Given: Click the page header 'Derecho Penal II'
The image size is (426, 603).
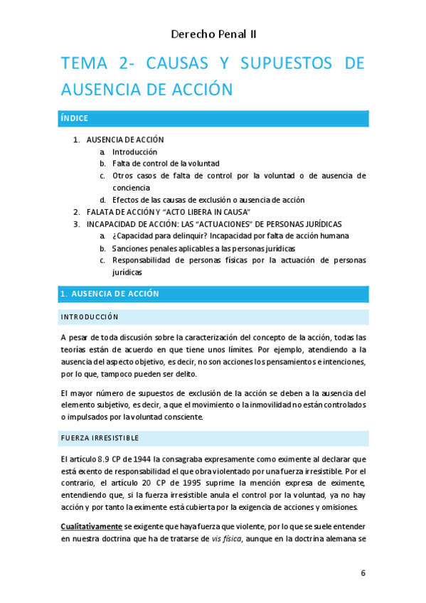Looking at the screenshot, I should tap(213, 33).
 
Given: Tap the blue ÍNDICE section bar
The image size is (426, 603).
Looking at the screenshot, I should tap(213, 119).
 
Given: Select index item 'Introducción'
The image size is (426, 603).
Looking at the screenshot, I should tap(134, 151).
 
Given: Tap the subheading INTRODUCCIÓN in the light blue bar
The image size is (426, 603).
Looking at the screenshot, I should tap(90, 316).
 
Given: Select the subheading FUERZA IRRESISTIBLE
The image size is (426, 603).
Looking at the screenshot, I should tap(100, 437).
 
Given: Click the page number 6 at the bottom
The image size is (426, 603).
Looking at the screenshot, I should tap(363, 574).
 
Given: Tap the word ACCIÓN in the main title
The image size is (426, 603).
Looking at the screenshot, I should tap(200, 90).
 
